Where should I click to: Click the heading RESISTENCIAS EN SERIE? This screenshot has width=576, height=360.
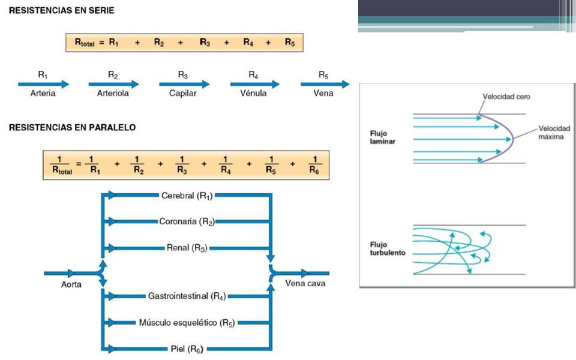click(x=61, y=10)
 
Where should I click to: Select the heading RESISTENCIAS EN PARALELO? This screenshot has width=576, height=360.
click(x=73, y=127)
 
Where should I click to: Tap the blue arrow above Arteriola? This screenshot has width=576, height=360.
click(x=113, y=84)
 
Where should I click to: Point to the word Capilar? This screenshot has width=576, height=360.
click(x=182, y=94)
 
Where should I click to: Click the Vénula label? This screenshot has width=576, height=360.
click(x=253, y=94)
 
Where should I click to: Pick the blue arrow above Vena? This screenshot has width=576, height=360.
click(x=325, y=84)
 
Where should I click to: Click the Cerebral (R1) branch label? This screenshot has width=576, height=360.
click(x=187, y=196)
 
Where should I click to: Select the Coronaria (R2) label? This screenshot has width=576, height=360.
click(x=187, y=221)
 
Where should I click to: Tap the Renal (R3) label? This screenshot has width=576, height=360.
click(x=187, y=248)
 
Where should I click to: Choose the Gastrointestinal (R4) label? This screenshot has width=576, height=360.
click(x=187, y=296)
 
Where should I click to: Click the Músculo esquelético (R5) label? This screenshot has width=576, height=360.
click(x=187, y=323)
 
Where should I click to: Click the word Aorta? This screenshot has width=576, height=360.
click(x=71, y=284)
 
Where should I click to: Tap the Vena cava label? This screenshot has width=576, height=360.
click(x=305, y=284)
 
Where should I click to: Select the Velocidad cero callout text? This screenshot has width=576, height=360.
click(x=506, y=97)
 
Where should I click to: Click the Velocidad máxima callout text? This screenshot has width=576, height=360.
click(x=554, y=132)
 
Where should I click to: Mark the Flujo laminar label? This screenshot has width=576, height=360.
click(x=382, y=137)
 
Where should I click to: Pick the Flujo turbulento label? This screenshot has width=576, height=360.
click(x=388, y=248)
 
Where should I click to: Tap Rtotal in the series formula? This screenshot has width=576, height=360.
click(x=85, y=43)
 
